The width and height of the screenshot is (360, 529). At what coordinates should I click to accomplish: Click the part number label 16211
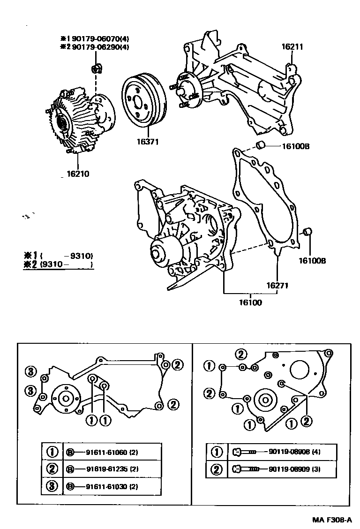[x=292, y=47]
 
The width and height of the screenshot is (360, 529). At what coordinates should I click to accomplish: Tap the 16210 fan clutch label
[x=78, y=174]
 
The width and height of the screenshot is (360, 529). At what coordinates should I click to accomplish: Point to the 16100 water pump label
[x=250, y=302]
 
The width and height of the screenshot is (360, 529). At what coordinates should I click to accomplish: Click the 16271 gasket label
[x=277, y=285]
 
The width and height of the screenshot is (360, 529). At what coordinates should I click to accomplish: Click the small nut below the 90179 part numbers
[x=96, y=69]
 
